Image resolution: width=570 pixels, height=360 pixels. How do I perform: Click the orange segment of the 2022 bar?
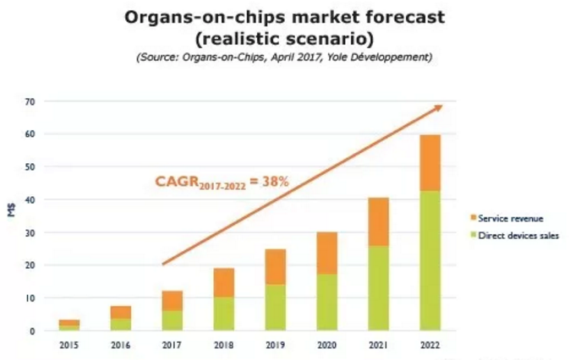click(x=430, y=163)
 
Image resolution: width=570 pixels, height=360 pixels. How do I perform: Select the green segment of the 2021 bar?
click(x=378, y=288)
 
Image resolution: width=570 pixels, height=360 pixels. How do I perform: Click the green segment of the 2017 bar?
click(x=172, y=320)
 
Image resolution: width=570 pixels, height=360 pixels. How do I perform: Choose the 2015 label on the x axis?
click(x=69, y=344)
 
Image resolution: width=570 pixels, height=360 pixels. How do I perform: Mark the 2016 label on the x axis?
click(x=120, y=344)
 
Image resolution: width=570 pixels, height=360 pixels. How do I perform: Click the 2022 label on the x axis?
click(x=430, y=344)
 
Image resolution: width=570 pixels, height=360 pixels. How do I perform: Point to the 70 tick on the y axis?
click(x=30, y=101)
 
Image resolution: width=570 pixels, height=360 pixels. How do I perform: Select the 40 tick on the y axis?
click(x=30, y=199)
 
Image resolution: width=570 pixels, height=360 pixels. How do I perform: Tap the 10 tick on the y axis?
click(x=30, y=297)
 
